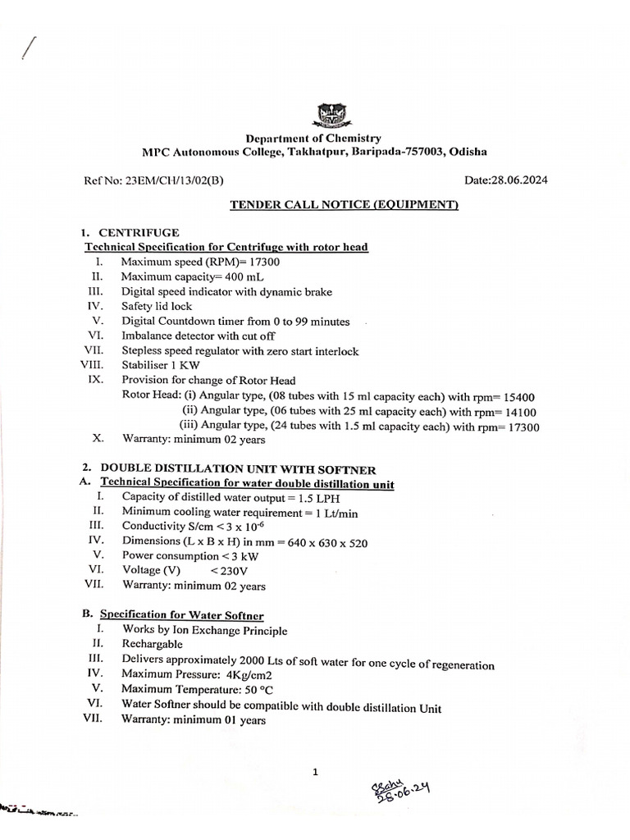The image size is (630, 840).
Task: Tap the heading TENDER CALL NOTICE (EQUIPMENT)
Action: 344,204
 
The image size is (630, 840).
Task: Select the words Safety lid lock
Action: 157,306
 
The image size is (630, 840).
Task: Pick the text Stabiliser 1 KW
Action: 160,365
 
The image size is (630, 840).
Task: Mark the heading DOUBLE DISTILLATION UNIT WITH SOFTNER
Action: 238,469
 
